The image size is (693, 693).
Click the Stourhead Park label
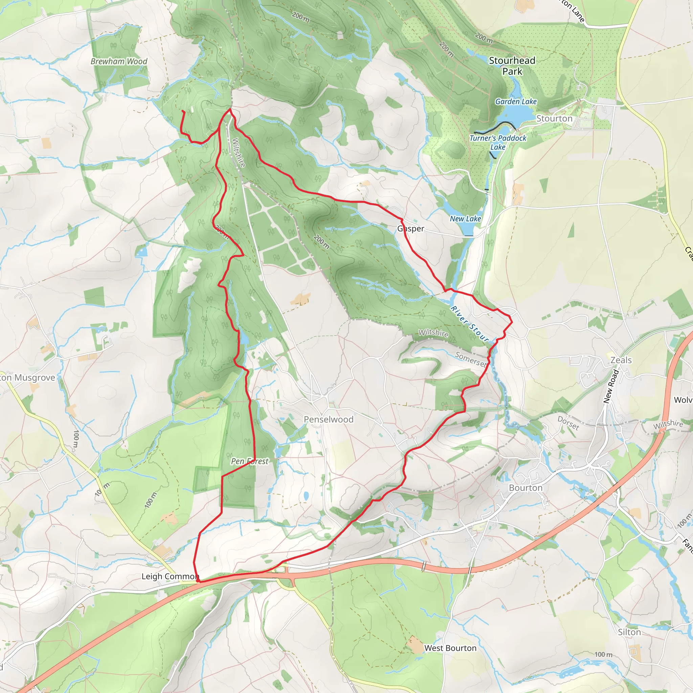tap(512, 66)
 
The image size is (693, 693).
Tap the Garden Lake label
tap(516, 102)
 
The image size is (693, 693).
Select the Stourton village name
tap(554, 118)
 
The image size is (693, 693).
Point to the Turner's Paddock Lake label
tap(498, 142)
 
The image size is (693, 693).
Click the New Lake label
tap(465, 219)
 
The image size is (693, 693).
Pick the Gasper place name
tap(411, 228)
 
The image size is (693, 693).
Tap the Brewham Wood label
tap(119, 61)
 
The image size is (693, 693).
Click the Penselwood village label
tap(329, 419)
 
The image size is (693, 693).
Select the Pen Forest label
tap(250, 461)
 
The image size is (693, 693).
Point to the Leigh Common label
tap(170, 576)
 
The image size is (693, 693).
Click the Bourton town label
tap(526, 488)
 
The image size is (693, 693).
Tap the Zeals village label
tap(621, 360)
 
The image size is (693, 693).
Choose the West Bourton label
tap(450, 648)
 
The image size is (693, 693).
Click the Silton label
tap(629, 632)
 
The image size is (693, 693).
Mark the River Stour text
tap(470, 324)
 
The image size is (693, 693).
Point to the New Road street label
tap(611, 386)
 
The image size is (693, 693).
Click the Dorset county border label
tap(568, 423)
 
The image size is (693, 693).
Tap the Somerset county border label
tap(471, 359)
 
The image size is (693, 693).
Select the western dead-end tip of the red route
tap(183, 111)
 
